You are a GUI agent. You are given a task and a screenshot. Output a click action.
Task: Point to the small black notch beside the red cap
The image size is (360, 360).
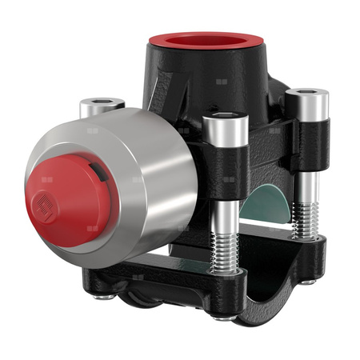(x=98, y=170)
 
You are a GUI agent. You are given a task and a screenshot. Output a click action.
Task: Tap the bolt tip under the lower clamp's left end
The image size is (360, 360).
(x=102, y=298)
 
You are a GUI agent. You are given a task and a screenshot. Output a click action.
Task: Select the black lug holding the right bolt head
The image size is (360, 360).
(x=308, y=144)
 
